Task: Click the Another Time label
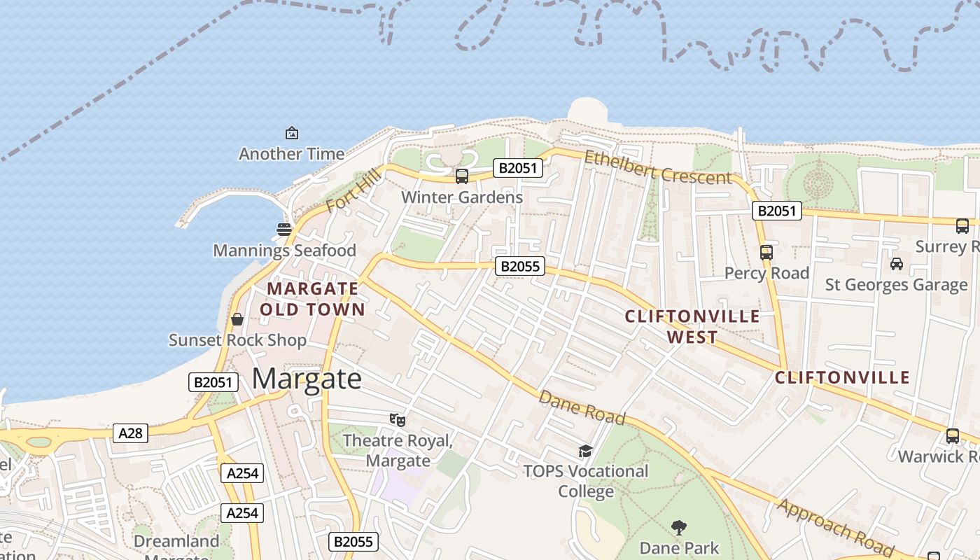coord(291,154)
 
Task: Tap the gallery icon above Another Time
coord(291,133)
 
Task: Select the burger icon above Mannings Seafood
coord(284,229)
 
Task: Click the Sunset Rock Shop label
coord(237,340)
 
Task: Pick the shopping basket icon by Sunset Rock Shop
coord(237,319)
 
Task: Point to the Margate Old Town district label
coord(313,299)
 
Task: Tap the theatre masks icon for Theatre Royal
coord(398,419)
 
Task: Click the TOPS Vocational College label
coord(586,481)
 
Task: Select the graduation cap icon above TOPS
coord(585,451)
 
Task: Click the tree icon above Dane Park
coord(678,527)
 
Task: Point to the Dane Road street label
coord(581,407)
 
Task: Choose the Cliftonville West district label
coord(692,326)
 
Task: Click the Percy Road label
coord(766,273)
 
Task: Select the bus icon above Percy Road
coord(766,253)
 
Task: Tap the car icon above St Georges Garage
coord(896,264)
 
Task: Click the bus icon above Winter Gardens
coord(461,176)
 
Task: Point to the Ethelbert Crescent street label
coord(657,168)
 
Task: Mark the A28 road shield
coord(130,433)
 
